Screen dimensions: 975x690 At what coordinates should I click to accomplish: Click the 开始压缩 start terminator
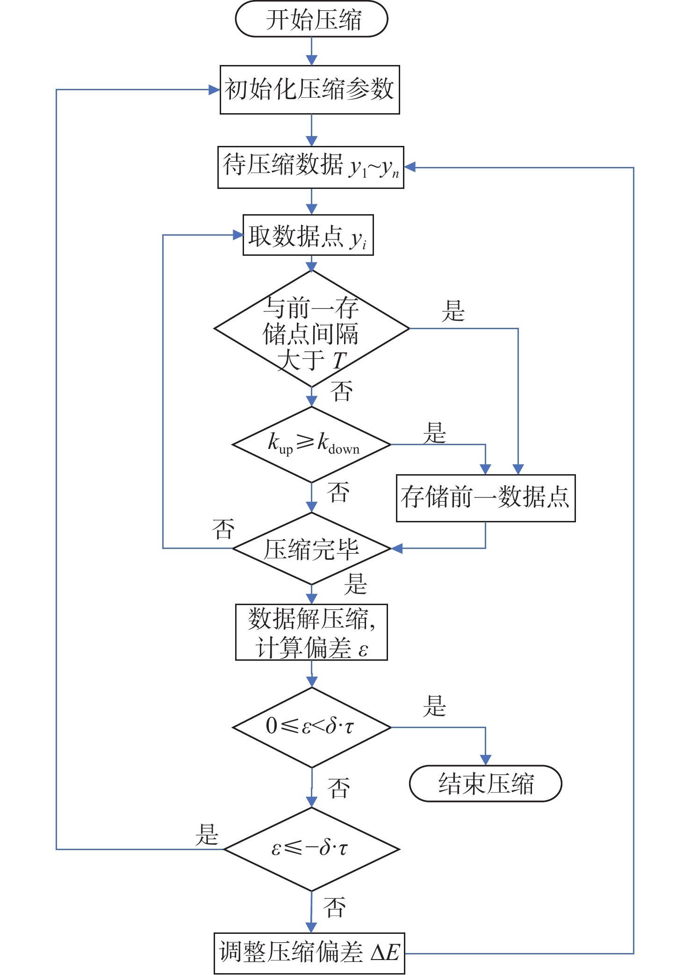(311, 19)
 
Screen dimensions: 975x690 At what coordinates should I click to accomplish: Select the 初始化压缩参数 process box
(309, 89)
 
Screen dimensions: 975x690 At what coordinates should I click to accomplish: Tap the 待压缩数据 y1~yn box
(310, 167)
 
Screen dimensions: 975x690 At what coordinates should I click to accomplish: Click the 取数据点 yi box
(308, 235)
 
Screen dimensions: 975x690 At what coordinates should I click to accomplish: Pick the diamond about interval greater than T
(311, 329)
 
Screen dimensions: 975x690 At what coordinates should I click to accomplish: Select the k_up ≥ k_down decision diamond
(311, 444)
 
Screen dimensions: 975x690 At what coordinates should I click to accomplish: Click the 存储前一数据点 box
(485, 498)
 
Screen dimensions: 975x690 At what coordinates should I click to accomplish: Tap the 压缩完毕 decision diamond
(311, 549)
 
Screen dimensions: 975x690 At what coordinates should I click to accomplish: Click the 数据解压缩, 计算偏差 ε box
(311, 632)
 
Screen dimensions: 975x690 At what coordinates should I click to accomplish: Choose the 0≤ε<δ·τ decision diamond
(311, 727)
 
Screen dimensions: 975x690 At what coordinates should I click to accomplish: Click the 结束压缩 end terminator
(485, 784)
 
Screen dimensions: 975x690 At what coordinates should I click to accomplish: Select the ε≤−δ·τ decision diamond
(311, 849)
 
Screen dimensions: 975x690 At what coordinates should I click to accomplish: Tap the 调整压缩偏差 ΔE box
(309, 953)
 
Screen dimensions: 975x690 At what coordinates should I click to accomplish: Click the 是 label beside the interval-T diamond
(453, 311)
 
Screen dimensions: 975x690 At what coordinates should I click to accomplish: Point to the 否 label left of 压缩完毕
(223, 529)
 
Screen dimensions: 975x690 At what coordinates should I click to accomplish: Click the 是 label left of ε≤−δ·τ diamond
(207, 835)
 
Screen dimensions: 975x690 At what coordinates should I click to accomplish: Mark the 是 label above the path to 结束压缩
(434, 706)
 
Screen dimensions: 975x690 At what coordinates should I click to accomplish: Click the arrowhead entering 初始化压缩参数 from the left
(215, 90)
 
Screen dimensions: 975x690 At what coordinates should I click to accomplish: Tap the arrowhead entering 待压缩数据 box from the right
(410, 167)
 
